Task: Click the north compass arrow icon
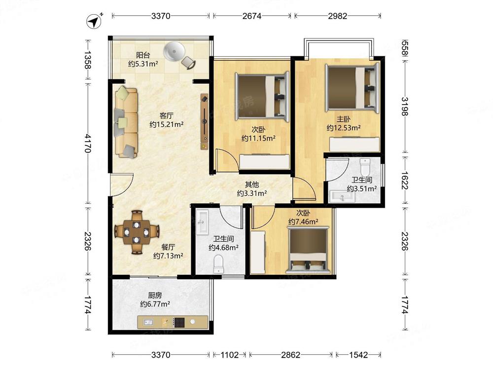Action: (94, 22)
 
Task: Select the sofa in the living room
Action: (126, 122)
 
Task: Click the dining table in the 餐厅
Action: (137, 232)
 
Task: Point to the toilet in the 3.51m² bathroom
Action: (365, 168)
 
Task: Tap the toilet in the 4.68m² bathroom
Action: (218, 264)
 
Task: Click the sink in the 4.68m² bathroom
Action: (202, 222)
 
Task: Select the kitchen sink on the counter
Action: (148, 322)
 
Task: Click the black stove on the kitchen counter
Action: (179, 322)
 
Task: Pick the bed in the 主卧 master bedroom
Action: (352, 87)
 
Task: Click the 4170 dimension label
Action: (88, 143)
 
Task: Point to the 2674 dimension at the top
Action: (251, 16)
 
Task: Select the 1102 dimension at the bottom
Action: (229, 355)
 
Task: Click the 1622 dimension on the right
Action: (405, 180)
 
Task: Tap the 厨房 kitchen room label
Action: (155, 296)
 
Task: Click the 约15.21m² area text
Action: (166, 125)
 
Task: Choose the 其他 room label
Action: (252, 185)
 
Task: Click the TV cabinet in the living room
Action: (205, 121)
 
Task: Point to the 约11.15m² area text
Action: (258, 138)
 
